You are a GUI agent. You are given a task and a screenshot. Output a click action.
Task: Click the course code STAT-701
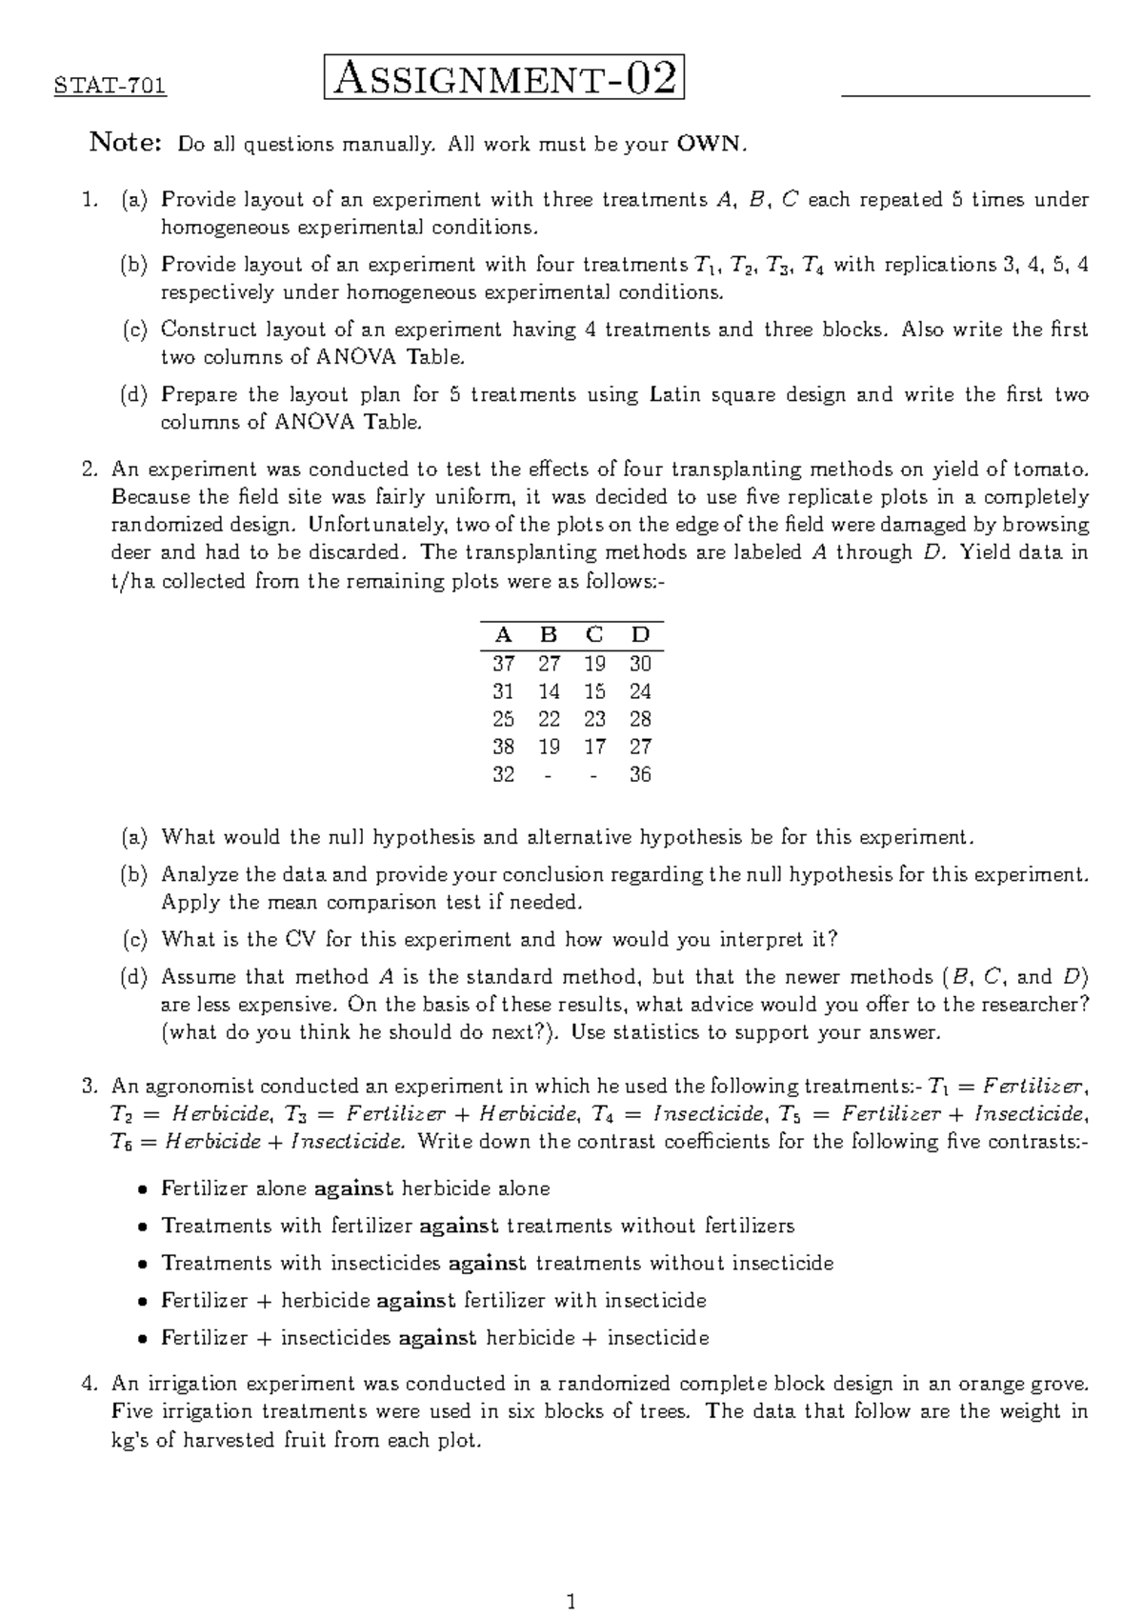coord(110,87)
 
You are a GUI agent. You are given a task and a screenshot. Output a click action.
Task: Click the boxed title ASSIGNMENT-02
coord(505,79)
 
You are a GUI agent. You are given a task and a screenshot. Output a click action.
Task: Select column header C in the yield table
coord(594,635)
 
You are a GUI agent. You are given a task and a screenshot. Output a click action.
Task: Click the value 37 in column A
coord(503,664)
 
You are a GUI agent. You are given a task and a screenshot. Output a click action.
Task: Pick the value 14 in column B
coord(549,691)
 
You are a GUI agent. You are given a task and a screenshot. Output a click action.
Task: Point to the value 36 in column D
coord(640,774)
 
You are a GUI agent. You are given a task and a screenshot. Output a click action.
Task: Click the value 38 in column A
coord(503,747)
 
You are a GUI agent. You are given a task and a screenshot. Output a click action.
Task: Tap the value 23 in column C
coord(594,719)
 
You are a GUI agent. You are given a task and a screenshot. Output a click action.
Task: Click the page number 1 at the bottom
coord(571,1576)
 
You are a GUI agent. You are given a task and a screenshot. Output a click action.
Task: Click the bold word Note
coord(125,144)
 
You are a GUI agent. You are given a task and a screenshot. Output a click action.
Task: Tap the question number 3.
coord(90,1087)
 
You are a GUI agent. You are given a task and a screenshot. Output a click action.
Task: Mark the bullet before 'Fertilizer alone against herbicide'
coord(142,1189)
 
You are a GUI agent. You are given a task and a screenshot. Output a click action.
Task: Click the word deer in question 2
coord(131,552)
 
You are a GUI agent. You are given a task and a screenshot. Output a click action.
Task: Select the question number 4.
coord(90,1384)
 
